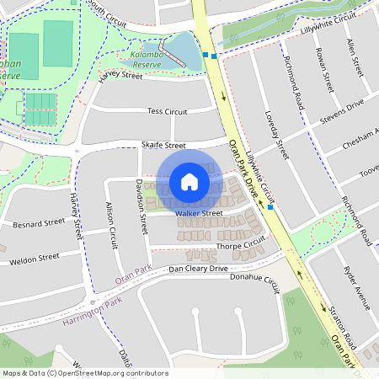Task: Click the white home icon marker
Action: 189,182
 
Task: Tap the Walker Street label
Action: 199,213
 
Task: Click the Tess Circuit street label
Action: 167,111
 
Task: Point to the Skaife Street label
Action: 163,145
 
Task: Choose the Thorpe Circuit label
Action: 241,246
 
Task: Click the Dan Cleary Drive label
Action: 199,269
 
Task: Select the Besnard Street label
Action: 38,224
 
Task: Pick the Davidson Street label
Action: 141,206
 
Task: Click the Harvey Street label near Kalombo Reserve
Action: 120,76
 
